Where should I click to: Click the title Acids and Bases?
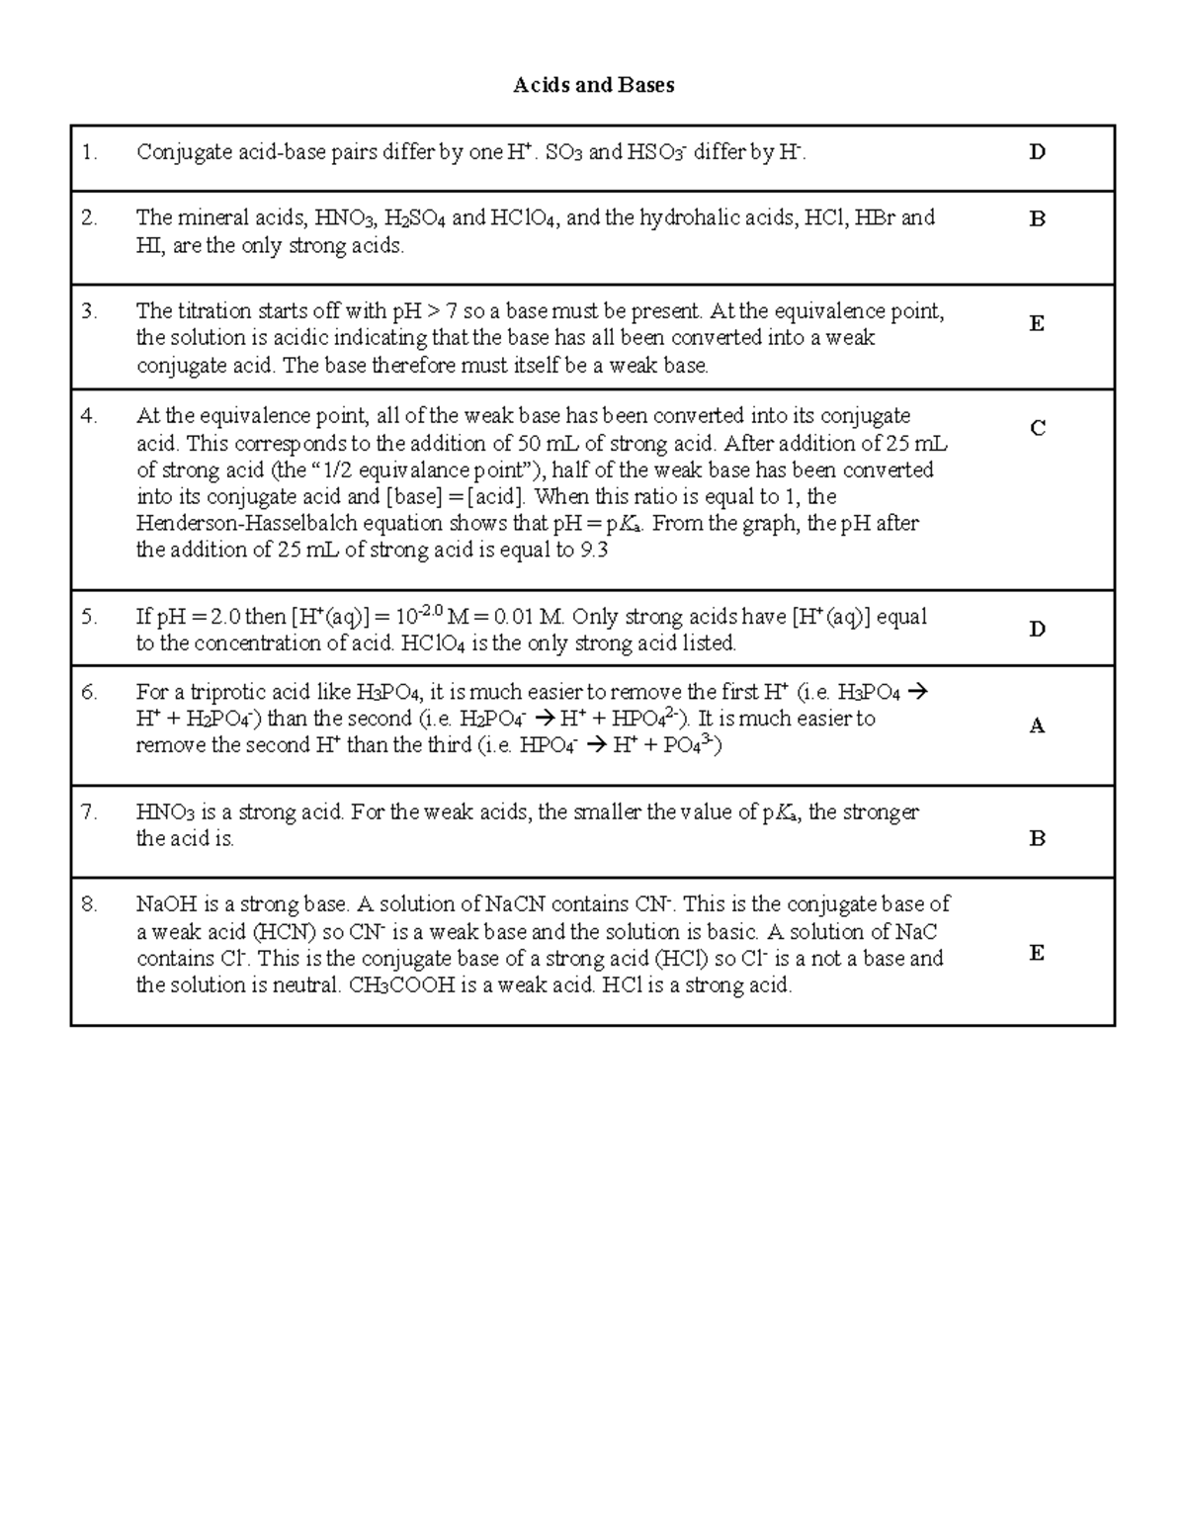(593, 85)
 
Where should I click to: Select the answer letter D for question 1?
(1037, 152)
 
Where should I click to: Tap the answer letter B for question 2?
(1037, 219)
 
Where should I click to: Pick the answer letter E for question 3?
(1037, 323)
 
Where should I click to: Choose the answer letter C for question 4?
(1037, 428)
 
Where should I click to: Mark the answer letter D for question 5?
(1037, 629)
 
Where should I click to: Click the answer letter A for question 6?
(1037, 726)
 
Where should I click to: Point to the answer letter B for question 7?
(1037, 839)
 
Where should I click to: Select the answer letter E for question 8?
(1037, 953)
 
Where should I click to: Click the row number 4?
(90, 416)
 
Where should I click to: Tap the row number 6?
(90, 692)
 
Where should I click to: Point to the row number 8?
(90, 903)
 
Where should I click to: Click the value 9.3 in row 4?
(594, 551)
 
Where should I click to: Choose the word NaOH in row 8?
(166, 903)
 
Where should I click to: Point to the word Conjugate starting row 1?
(177, 152)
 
